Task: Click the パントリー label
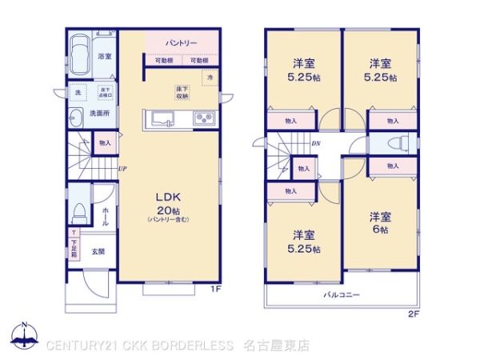click(x=181, y=42)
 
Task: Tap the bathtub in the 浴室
click(x=80, y=56)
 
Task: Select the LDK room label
click(x=167, y=196)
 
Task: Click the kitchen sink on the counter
click(x=161, y=118)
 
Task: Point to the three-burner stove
click(x=202, y=118)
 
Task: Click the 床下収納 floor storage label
click(x=182, y=92)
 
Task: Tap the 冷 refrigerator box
click(x=210, y=78)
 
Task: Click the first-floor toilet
click(x=78, y=210)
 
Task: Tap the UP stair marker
click(x=122, y=168)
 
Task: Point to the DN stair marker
click(x=316, y=144)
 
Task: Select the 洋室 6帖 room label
click(x=379, y=222)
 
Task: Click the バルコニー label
click(x=341, y=295)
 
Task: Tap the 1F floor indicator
click(x=214, y=288)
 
